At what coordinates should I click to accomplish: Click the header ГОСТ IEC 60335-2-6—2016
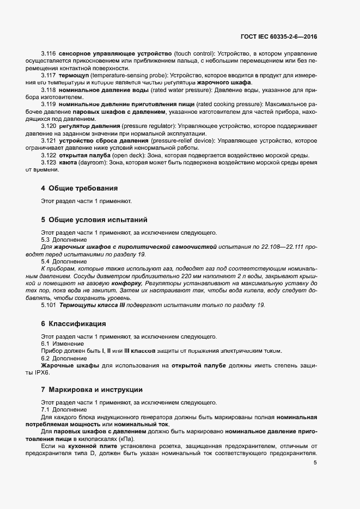click(x=278, y=37)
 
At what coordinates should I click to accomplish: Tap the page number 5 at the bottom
click(x=315, y=463)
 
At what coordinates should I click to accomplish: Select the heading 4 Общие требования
click(x=79, y=188)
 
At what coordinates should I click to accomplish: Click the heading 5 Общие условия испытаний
click(x=94, y=220)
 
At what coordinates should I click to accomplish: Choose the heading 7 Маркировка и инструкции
click(x=91, y=390)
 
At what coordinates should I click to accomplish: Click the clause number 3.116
click(x=48, y=53)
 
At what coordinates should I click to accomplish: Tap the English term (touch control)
click(x=194, y=53)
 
